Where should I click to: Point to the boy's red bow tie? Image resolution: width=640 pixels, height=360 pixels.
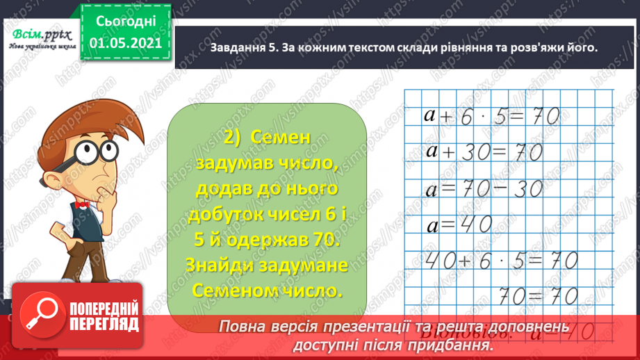tap(82, 206)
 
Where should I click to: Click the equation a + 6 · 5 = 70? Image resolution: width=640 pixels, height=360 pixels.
tap(491, 117)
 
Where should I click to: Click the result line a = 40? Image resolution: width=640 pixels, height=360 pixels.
tap(459, 224)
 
